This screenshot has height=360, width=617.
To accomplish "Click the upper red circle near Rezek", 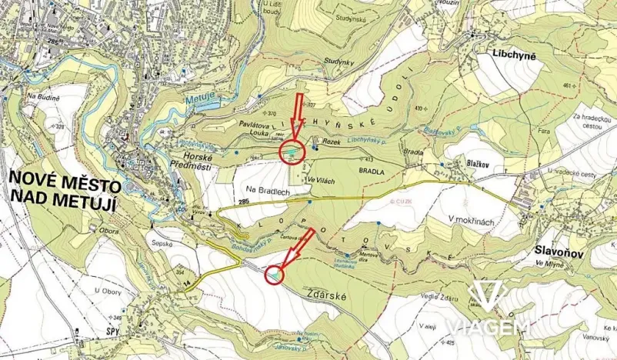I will pyautogui.click(x=293, y=153).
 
